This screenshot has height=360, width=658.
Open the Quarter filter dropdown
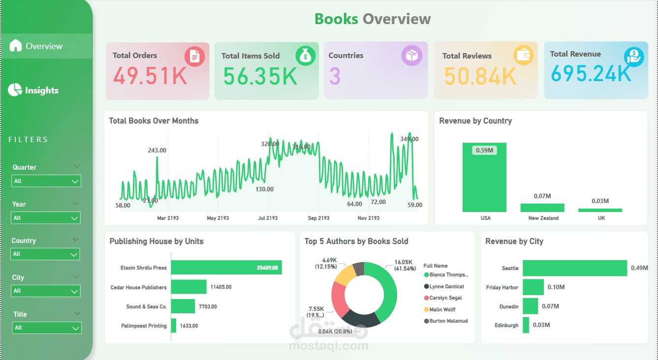tap(46, 181)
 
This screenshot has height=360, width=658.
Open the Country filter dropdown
tap(45, 254)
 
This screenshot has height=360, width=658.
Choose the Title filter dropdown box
tap(46, 328)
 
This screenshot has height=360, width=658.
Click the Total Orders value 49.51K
tap(150, 76)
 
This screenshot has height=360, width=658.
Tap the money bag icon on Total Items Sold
tap(305, 56)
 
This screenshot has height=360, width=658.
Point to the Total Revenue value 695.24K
tap(591, 74)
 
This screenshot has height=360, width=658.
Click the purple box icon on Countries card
tap(411, 56)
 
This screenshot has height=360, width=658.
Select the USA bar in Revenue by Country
tap(484, 178)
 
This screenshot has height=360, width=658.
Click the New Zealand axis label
tap(543, 218)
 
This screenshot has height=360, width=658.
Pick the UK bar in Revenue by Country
tap(600, 210)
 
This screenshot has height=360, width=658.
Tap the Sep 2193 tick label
tap(318, 218)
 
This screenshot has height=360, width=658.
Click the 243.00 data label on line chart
tap(157, 150)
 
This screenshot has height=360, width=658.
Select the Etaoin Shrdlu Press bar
tap(226, 268)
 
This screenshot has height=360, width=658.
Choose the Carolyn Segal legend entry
tap(445, 298)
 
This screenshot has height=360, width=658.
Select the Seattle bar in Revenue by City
tap(574, 268)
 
